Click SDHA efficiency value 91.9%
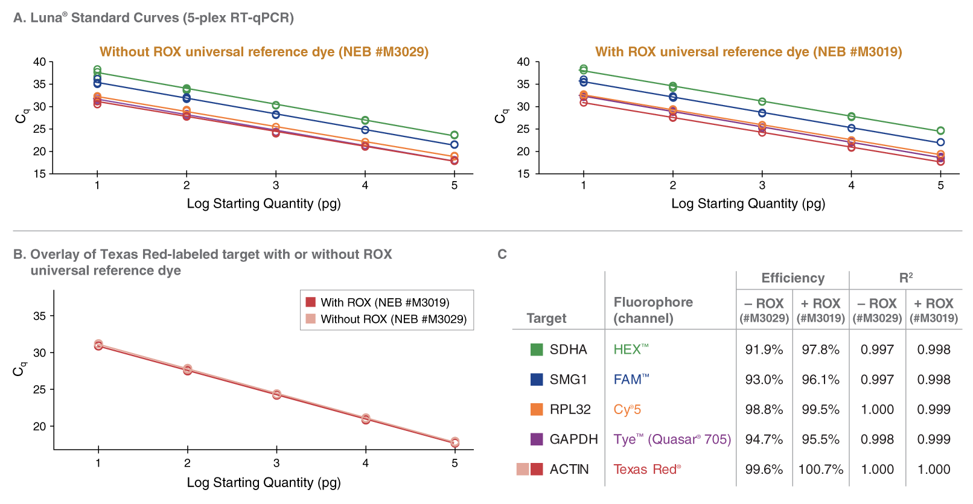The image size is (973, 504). (764, 349)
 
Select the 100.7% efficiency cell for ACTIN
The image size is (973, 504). (820, 469)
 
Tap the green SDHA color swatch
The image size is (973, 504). (536, 349)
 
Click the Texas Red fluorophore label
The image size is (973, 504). (646, 469)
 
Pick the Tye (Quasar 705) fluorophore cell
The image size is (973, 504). (672, 439)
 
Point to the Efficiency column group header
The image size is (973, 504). (793, 278)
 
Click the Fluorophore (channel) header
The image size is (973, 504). (653, 310)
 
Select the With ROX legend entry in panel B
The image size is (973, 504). (384, 302)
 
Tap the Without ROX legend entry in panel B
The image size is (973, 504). (393, 319)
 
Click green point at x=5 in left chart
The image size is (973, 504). (455, 135)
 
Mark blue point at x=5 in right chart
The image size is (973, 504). (940, 142)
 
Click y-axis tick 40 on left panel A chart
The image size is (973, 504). (40, 62)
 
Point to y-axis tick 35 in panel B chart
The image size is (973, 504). (39, 316)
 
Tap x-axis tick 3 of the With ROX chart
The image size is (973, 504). (762, 185)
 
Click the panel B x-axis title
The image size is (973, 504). (264, 482)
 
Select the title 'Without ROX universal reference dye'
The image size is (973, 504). (264, 52)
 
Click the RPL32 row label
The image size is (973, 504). (570, 409)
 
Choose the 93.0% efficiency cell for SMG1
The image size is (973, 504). (764, 380)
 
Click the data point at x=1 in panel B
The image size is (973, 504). (98, 345)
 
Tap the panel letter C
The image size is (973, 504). (502, 254)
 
